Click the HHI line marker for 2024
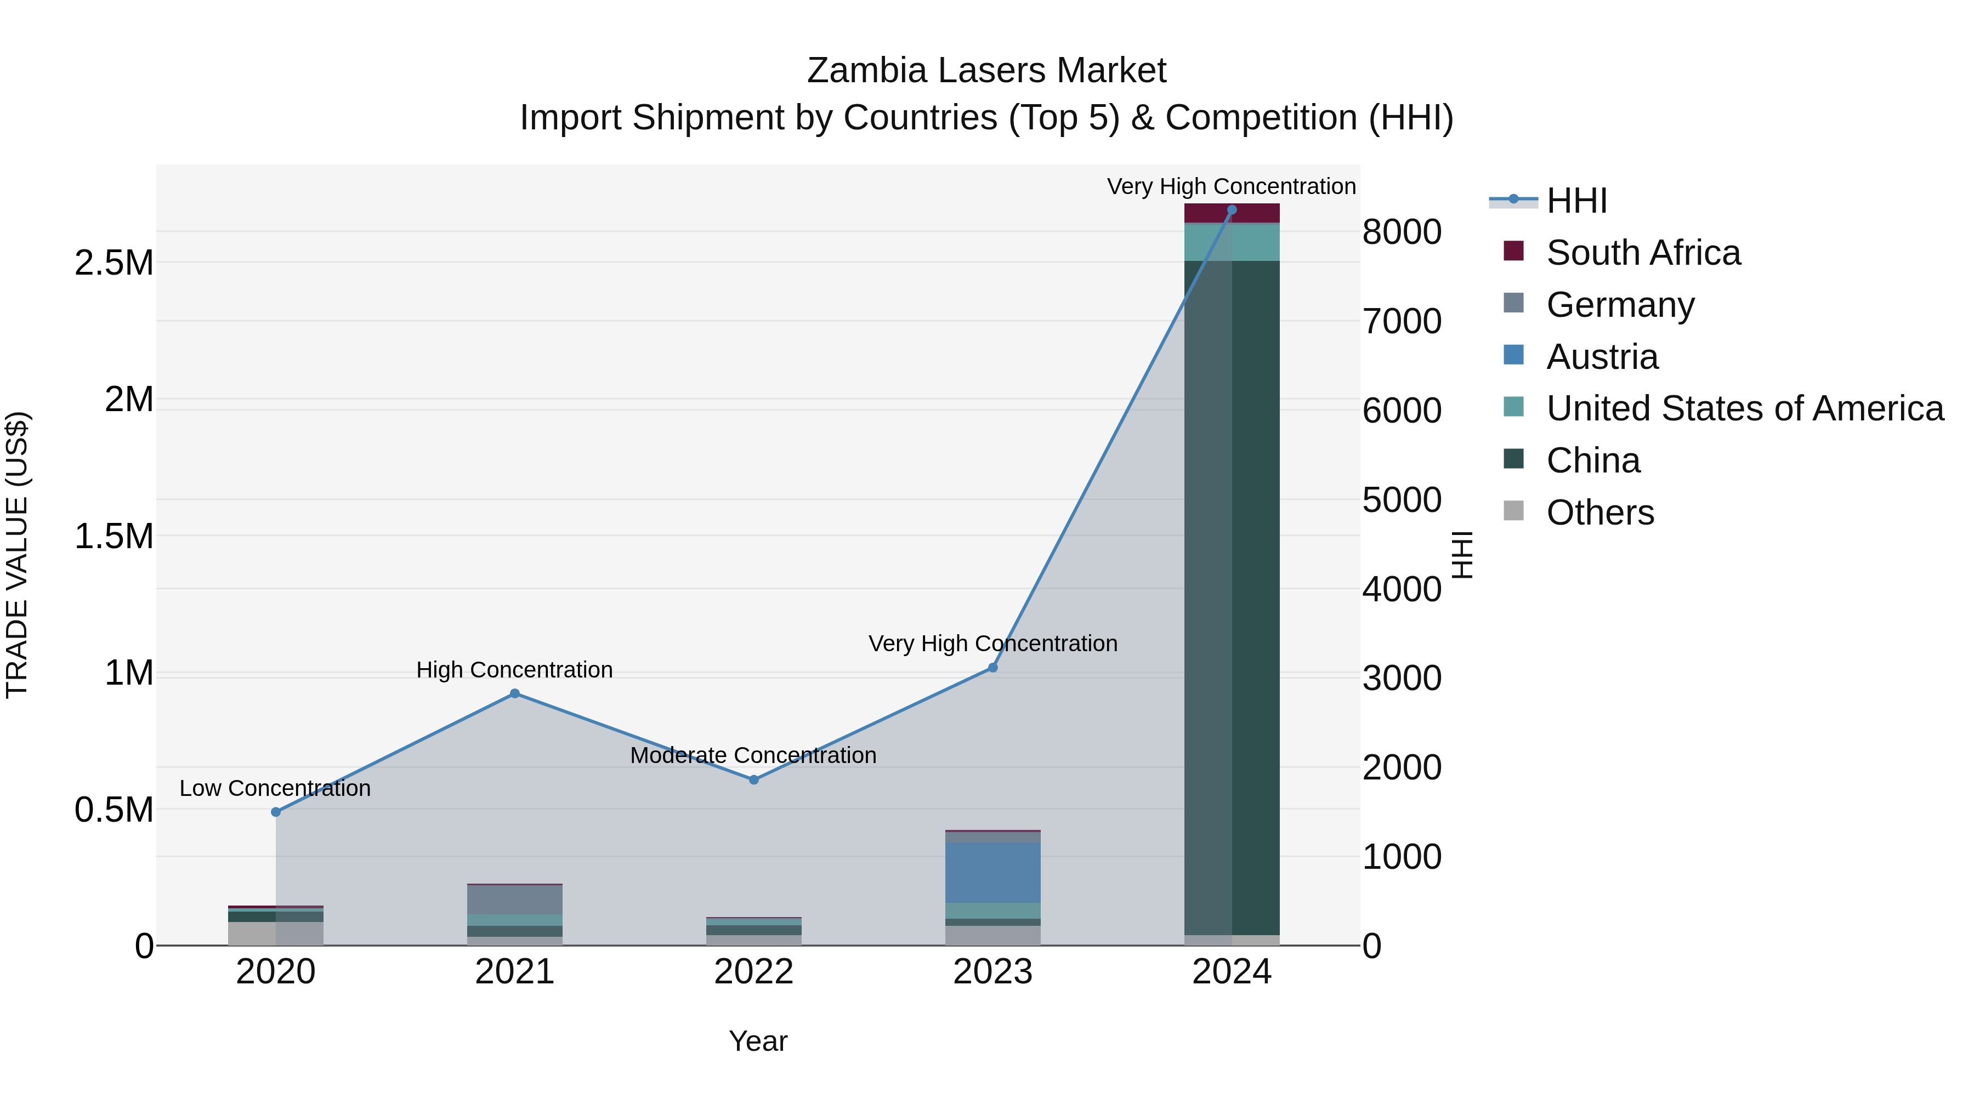(x=1232, y=210)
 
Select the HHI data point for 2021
(x=515, y=694)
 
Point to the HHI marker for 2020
(x=276, y=812)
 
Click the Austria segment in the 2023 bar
(x=992, y=873)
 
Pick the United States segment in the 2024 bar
(x=1232, y=243)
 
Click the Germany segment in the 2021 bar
(x=515, y=900)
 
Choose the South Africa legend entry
(x=1643, y=253)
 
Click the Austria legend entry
(x=1602, y=357)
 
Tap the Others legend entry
(x=1599, y=513)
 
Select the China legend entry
(x=1592, y=460)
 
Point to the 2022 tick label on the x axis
(x=754, y=972)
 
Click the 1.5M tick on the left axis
(x=114, y=536)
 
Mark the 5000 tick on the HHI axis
(x=1402, y=500)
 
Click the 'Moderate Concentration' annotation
(x=753, y=755)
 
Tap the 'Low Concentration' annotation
(x=275, y=788)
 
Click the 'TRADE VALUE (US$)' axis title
(x=17, y=555)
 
